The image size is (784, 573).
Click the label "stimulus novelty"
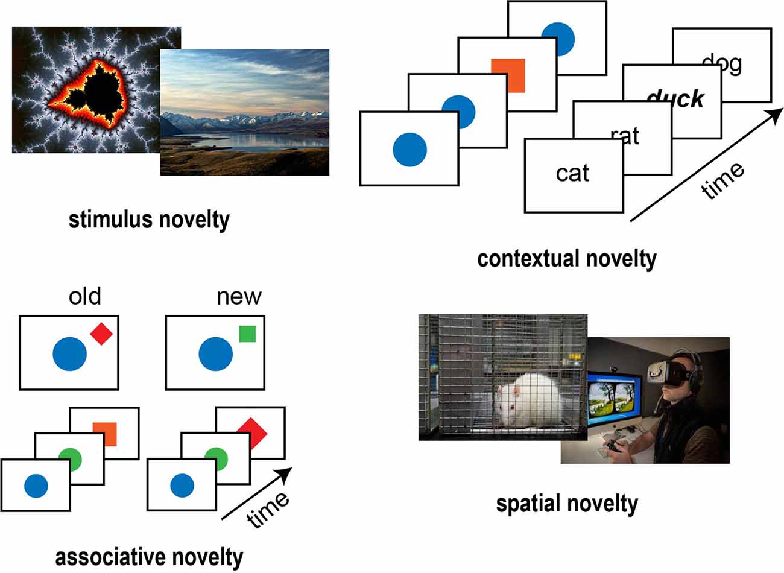(149, 220)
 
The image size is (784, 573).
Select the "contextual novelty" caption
(566, 259)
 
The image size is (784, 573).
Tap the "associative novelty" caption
(149, 556)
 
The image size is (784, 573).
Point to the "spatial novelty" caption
(566, 502)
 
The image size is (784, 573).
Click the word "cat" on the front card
(572, 174)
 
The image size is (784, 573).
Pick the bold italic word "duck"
(675, 98)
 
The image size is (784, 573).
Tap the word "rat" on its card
(625, 136)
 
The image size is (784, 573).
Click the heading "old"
(85, 297)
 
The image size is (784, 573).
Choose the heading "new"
(239, 297)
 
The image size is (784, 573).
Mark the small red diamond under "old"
(101, 334)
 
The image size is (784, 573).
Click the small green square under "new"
(247, 334)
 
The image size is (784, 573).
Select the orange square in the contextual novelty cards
(508, 75)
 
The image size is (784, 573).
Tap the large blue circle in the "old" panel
(70, 354)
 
